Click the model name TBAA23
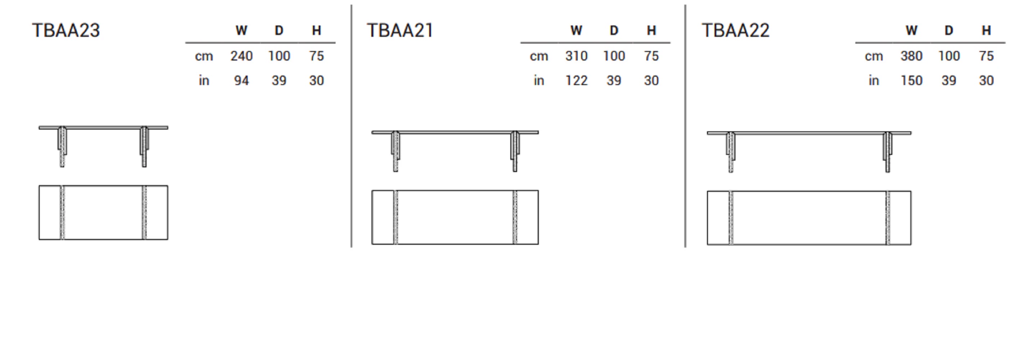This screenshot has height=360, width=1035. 66,31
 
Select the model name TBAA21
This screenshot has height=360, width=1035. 400,31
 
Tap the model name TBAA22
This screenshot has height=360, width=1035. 736,31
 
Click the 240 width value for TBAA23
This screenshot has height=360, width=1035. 242,56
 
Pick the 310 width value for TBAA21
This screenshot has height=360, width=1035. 577,56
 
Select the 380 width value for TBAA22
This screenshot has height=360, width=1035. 911,56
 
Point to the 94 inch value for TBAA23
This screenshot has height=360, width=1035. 242,80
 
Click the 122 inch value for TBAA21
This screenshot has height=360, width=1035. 577,80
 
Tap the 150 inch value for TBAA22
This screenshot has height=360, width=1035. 911,80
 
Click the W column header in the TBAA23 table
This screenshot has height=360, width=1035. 242,31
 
